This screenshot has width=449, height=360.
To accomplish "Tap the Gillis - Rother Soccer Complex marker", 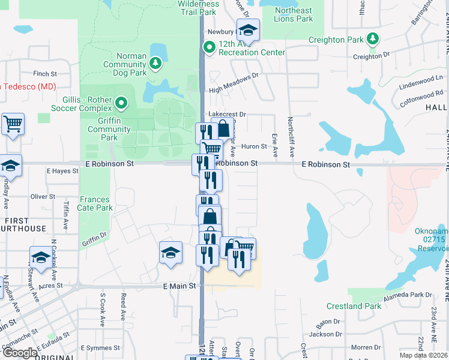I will point(121,103).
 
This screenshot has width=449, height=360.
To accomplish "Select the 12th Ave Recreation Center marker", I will point(209,46).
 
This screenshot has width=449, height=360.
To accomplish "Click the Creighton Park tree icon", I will point(373,40).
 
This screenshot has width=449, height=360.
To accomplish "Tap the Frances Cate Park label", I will point(95,204).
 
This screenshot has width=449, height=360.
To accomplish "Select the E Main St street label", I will point(180,286).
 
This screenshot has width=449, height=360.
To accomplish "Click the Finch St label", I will point(45,74).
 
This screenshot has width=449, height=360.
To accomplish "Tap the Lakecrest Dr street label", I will point(228,114).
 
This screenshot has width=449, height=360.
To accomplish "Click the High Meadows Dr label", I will point(233,90).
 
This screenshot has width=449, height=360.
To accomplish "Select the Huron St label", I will point(254,146).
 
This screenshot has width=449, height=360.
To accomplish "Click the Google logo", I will point(20,353).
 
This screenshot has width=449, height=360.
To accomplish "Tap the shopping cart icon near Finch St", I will point(13,124).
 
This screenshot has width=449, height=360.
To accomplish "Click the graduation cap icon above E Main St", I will point(170,253).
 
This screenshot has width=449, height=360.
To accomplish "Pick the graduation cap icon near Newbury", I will point(247,30).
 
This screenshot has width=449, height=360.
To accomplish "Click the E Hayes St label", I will point(62,171).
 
